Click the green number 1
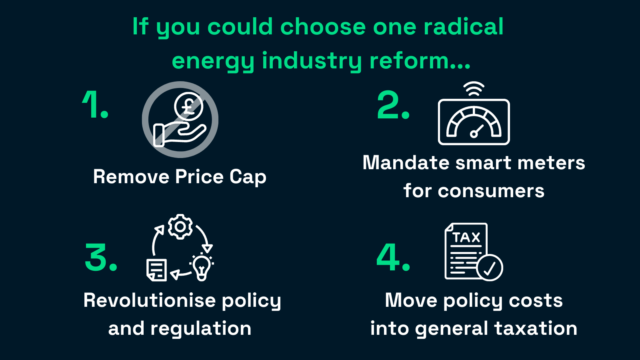91,104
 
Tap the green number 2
388,104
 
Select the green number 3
96,257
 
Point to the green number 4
388,257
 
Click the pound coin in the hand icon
188,106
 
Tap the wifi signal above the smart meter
474,89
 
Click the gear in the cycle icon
180,226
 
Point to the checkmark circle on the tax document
490,268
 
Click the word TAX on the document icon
466,238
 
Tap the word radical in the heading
464,26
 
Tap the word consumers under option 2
491,191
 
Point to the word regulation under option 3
201,329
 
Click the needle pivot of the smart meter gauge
474,134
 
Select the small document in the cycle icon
156,270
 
